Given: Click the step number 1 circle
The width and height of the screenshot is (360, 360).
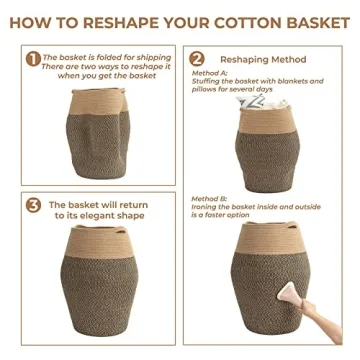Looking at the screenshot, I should pyautogui.click(x=33, y=59).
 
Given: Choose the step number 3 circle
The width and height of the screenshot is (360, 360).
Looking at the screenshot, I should pyautogui.click(x=33, y=207).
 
